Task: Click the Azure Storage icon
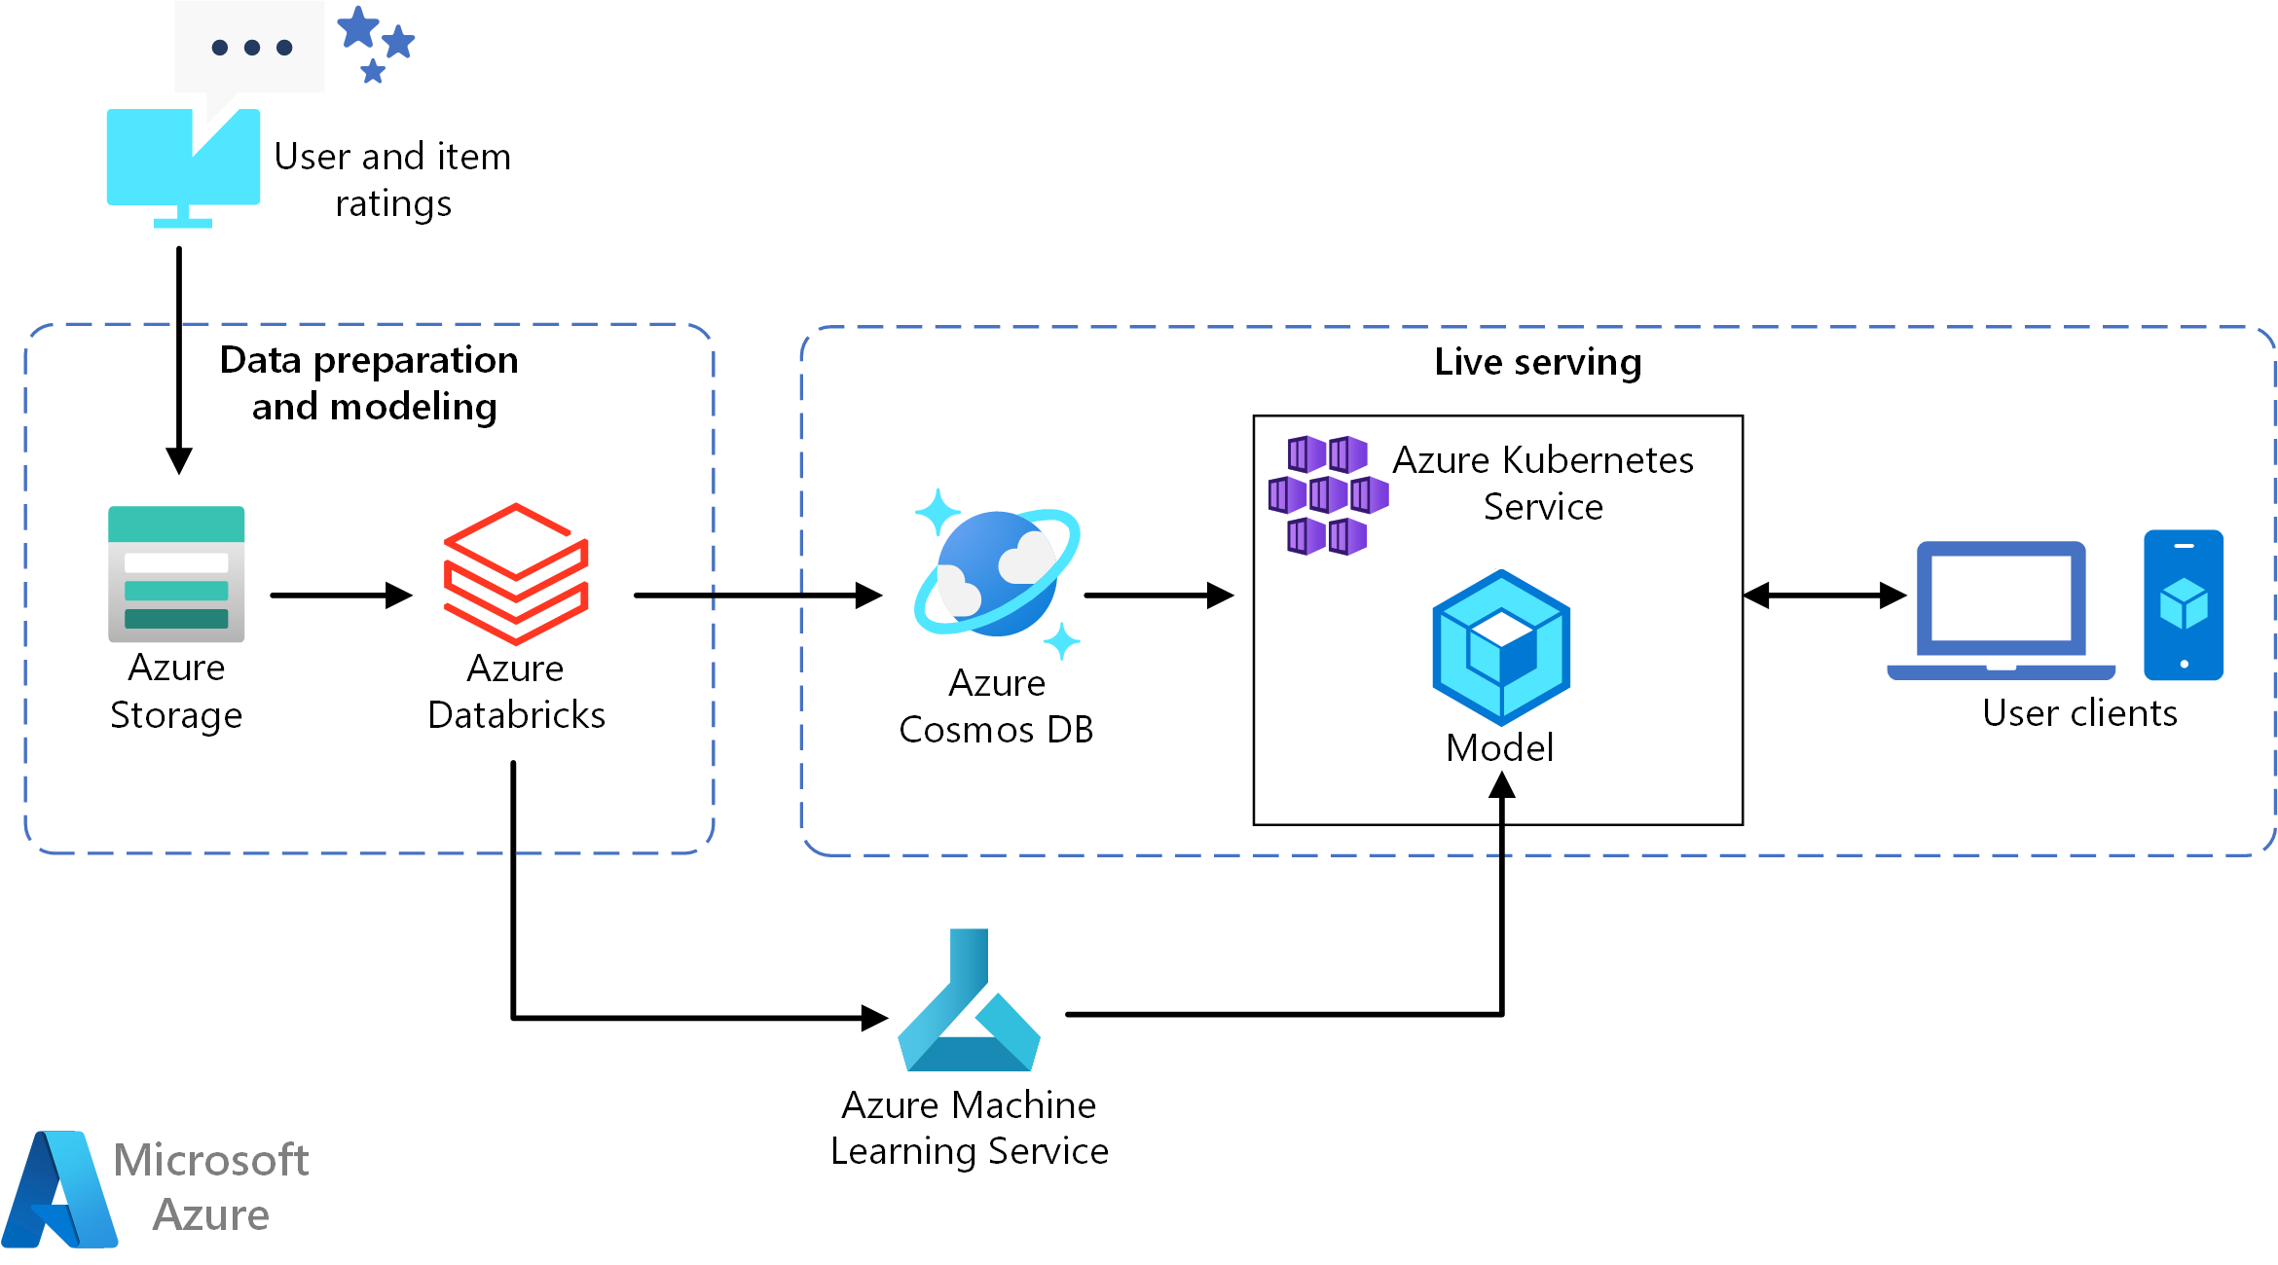coord(176,573)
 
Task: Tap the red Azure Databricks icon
coord(516,574)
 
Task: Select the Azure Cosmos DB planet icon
coord(997,574)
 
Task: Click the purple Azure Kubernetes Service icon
coord(1328,496)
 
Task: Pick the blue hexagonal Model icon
coord(1501,647)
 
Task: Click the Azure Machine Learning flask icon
coord(970,1002)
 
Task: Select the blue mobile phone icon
coord(2184,604)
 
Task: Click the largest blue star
coord(358,27)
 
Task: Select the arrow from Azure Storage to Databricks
coord(341,595)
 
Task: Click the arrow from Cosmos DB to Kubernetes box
coord(1158,595)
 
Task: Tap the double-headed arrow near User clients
coord(1824,595)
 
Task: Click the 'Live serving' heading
coord(1537,362)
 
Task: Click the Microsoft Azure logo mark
coord(60,1189)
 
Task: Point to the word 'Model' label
coord(1499,747)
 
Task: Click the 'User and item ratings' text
coord(392,180)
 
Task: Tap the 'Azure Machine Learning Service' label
coord(970,1128)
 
